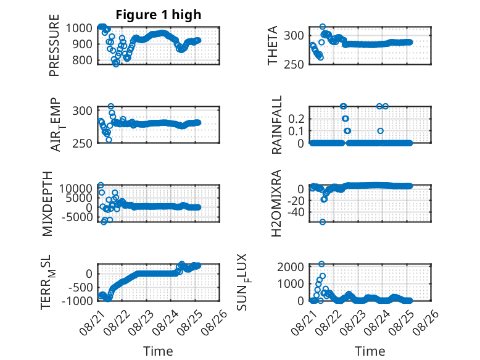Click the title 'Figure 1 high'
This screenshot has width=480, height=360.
click(x=159, y=15)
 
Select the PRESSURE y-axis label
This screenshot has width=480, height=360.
click(x=54, y=45)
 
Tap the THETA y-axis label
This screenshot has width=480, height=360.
click(x=272, y=45)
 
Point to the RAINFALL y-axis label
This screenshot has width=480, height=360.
click(x=276, y=125)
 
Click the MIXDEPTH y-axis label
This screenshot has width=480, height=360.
click(x=48, y=204)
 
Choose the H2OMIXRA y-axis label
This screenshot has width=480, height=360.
click(x=276, y=203)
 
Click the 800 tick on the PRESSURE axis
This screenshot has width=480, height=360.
click(x=82, y=61)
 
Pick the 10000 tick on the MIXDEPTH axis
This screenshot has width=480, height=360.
click(x=76, y=188)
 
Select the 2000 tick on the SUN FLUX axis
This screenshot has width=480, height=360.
click(x=291, y=267)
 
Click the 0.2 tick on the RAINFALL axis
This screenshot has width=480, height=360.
click(x=296, y=119)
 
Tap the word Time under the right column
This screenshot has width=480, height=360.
click(x=370, y=351)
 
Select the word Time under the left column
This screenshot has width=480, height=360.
click(x=158, y=351)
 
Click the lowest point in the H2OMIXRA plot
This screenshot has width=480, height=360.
click(x=322, y=222)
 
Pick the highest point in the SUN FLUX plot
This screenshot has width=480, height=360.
click(x=321, y=264)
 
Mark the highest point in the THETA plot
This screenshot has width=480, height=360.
click(x=322, y=27)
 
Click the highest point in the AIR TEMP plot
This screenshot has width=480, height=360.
click(x=111, y=106)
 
